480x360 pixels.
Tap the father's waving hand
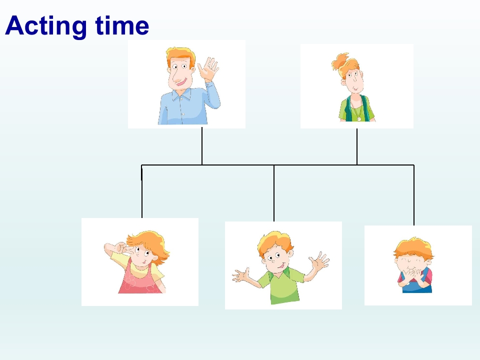(208, 69)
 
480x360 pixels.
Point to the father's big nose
(177, 78)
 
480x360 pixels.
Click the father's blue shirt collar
(181, 94)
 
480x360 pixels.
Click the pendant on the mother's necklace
(359, 118)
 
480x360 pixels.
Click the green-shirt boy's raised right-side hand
(318, 261)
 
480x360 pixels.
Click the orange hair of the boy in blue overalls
(413, 248)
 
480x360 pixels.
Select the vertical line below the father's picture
(202, 146)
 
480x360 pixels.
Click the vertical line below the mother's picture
(357, 146)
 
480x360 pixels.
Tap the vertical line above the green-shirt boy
(274, 193)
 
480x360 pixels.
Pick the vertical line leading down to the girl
(141, 191)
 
